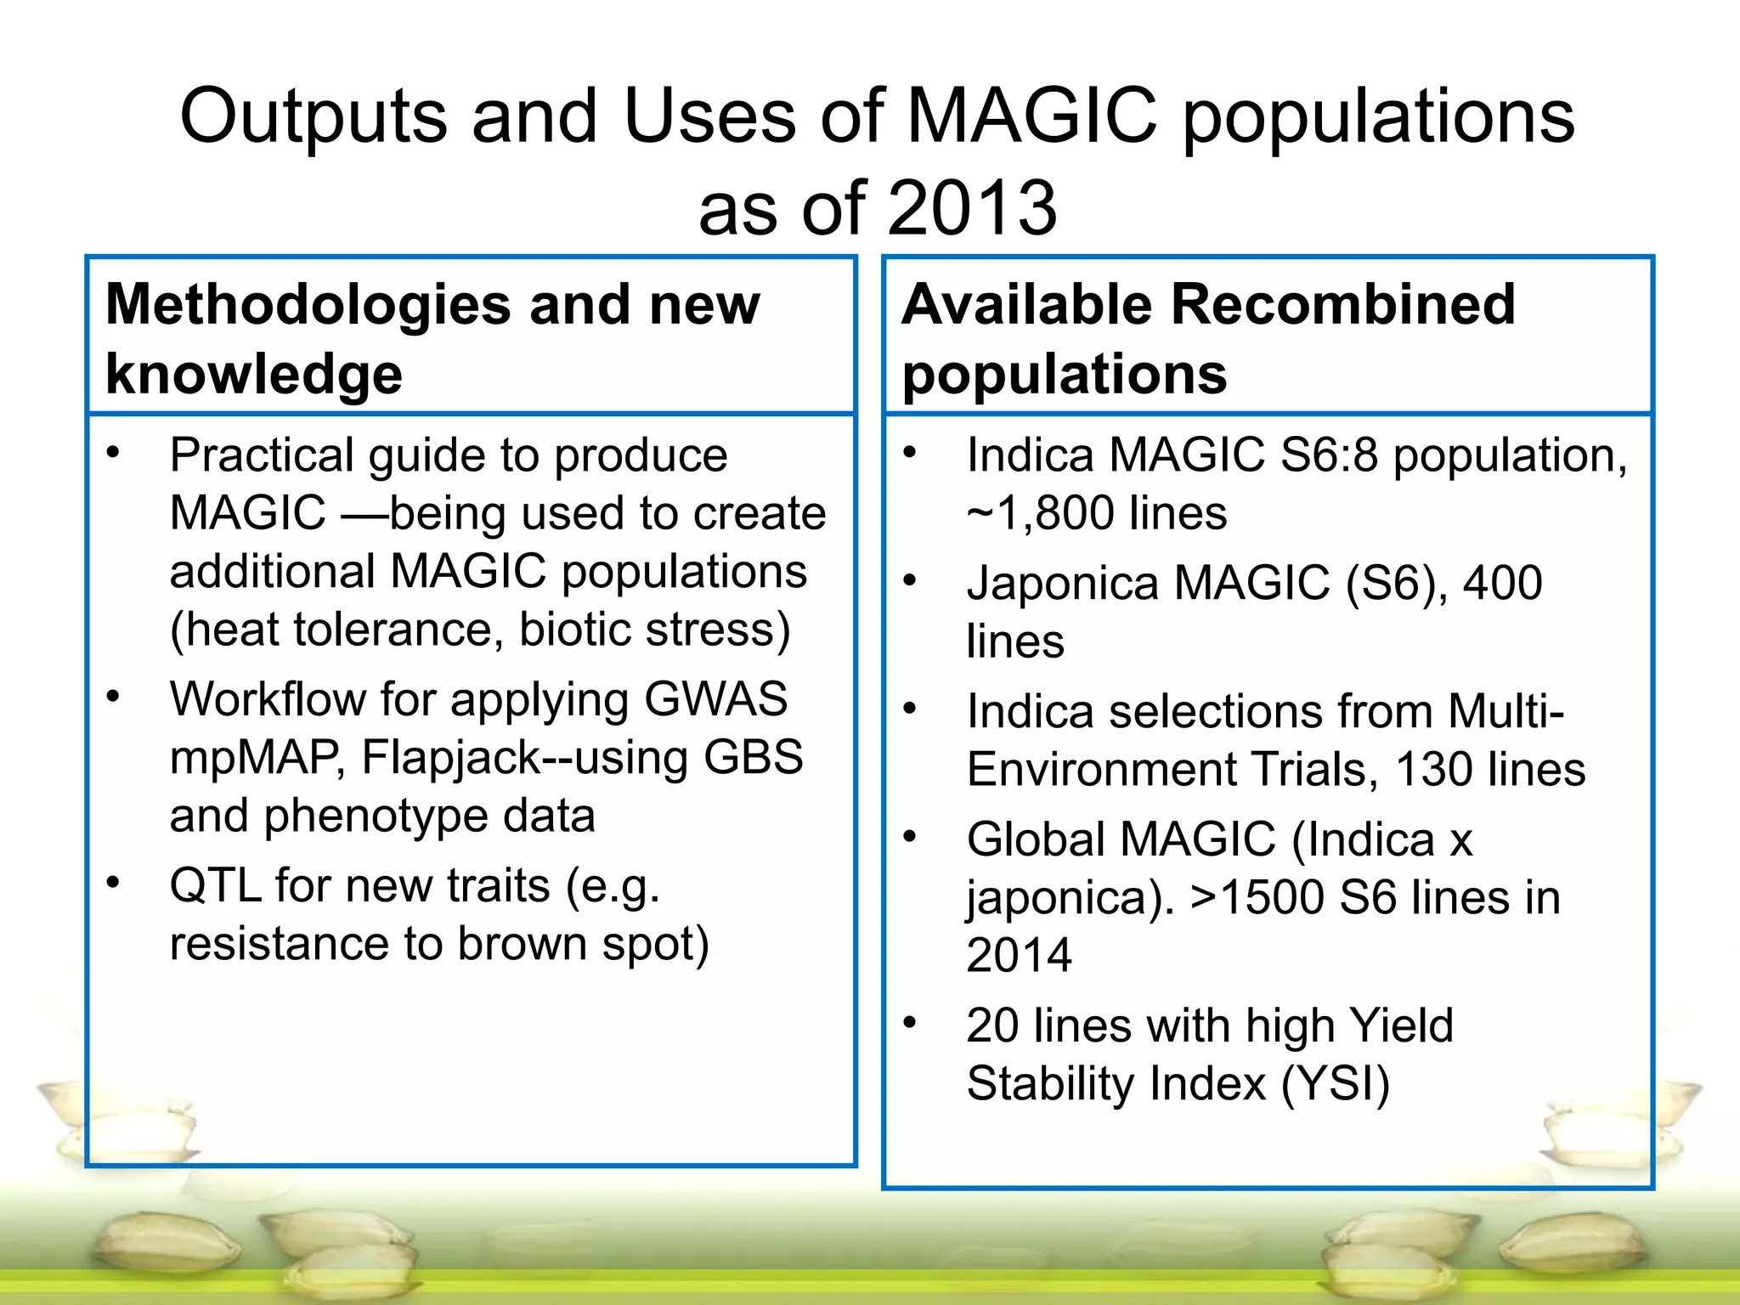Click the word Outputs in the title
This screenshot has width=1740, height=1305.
[x=313, y=116]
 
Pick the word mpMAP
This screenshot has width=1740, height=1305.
[x=256, y=757]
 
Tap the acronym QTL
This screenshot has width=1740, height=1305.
[x=216, y=885]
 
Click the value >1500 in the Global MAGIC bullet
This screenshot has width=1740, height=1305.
[x=1256, y=898]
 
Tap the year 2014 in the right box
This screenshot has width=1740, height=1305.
[x=1019, y=955]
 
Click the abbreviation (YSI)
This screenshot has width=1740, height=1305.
[x=1335, y=1084]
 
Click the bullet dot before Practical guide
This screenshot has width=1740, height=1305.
[x=113, y=453]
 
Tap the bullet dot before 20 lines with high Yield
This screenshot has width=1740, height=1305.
[x=910, y=1023]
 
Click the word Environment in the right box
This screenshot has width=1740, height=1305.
[x=1102, y=770]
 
